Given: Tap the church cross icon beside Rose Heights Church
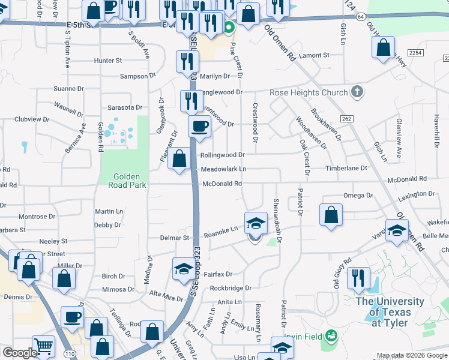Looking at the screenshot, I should [357, 92].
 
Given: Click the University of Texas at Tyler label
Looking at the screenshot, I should [389, 312].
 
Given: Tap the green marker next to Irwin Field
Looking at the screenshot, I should [330, 335].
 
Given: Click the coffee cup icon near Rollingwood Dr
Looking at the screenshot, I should [199, 127].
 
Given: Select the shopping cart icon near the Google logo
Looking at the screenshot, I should [43, 346].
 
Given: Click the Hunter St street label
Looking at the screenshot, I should [107, 61].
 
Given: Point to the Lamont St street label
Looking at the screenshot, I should [315, 55].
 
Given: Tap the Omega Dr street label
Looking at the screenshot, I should [358, 196].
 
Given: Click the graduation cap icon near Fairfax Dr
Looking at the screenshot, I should [183, 269].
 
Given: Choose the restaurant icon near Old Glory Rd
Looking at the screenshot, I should [358, 278].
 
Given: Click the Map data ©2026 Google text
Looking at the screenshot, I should [412, 356].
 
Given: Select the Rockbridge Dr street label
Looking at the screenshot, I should [231, 288].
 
